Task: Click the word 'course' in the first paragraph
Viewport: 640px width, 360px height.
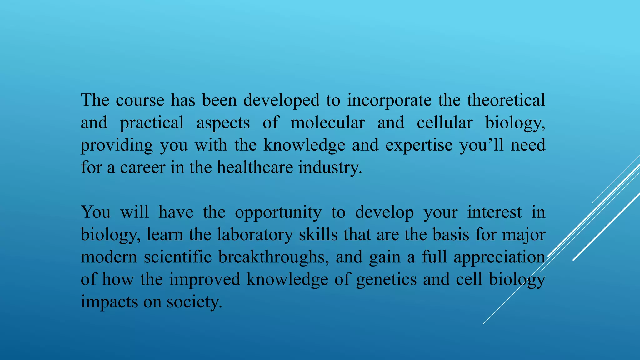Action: coord(140,100)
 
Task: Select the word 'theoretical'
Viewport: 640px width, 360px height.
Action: coord(506,100)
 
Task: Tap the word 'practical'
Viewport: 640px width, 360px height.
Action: coord(152,123)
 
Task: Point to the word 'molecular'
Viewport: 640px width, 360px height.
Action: coord(327,123)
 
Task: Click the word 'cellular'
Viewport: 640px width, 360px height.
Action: coord(444,123)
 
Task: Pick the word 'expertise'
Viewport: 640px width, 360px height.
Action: coord(419,145)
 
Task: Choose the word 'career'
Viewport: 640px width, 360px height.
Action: coord(142,167)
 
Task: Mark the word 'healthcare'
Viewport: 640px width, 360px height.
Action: coord(255,167)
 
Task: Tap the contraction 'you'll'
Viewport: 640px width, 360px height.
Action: coord(482,145)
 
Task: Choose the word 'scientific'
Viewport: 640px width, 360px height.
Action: coord(178,257)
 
